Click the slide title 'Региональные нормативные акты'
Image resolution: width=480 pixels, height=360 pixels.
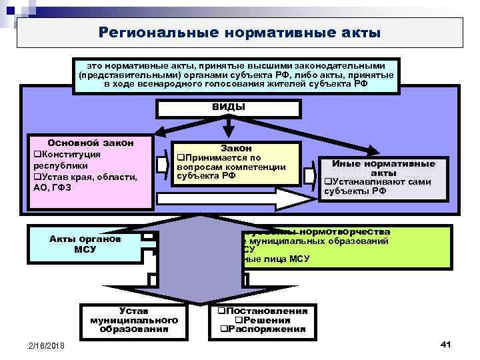point(239,32)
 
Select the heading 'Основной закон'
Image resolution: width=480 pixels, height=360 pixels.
point(91,143)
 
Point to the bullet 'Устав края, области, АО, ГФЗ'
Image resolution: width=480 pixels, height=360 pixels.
point(85,182)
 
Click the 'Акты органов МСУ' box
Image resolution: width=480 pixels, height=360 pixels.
point(84,244)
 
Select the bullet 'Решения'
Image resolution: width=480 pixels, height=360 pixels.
point(265,320)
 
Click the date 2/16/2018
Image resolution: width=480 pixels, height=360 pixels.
point(47,345)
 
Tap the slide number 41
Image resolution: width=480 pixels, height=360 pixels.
point(446,343)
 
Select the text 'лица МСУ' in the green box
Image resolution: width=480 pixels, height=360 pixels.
point(287,259)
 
